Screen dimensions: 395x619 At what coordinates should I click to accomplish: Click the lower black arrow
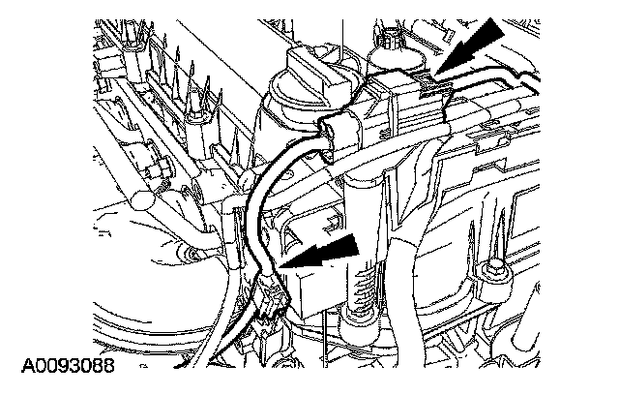pos(324,254)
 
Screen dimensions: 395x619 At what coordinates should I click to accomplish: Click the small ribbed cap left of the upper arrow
pos(393,44)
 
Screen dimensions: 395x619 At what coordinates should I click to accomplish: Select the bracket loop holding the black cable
pos(333,131)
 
